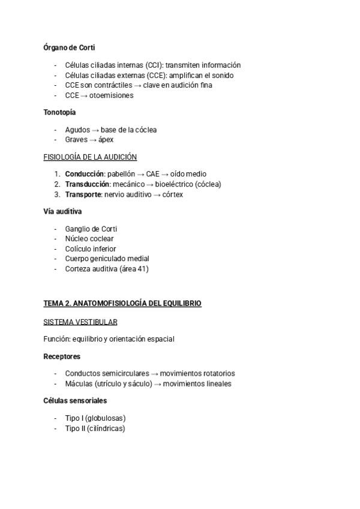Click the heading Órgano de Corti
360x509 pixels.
tap(69, 47)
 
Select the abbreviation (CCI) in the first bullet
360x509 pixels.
tap(154, 65)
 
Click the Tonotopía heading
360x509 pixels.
tap(59, 112)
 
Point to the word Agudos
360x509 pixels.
tap(77, 130)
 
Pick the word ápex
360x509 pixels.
tap(106, 140)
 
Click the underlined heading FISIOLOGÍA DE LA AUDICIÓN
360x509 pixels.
tap(90, 157)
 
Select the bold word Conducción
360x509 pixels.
tap(85, 174)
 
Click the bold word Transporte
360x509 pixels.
tap(83, 194)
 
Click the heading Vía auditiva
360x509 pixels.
tap(62, 212)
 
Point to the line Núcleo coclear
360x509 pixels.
tap(89, 239)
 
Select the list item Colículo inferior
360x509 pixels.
tap(91, 249)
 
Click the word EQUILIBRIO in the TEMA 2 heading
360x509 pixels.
tap(177, 304)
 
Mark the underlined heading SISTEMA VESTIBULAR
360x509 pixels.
tap(80, 322)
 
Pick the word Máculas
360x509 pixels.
tap(79, 384)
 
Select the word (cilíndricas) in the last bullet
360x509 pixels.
tap(106, 429)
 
